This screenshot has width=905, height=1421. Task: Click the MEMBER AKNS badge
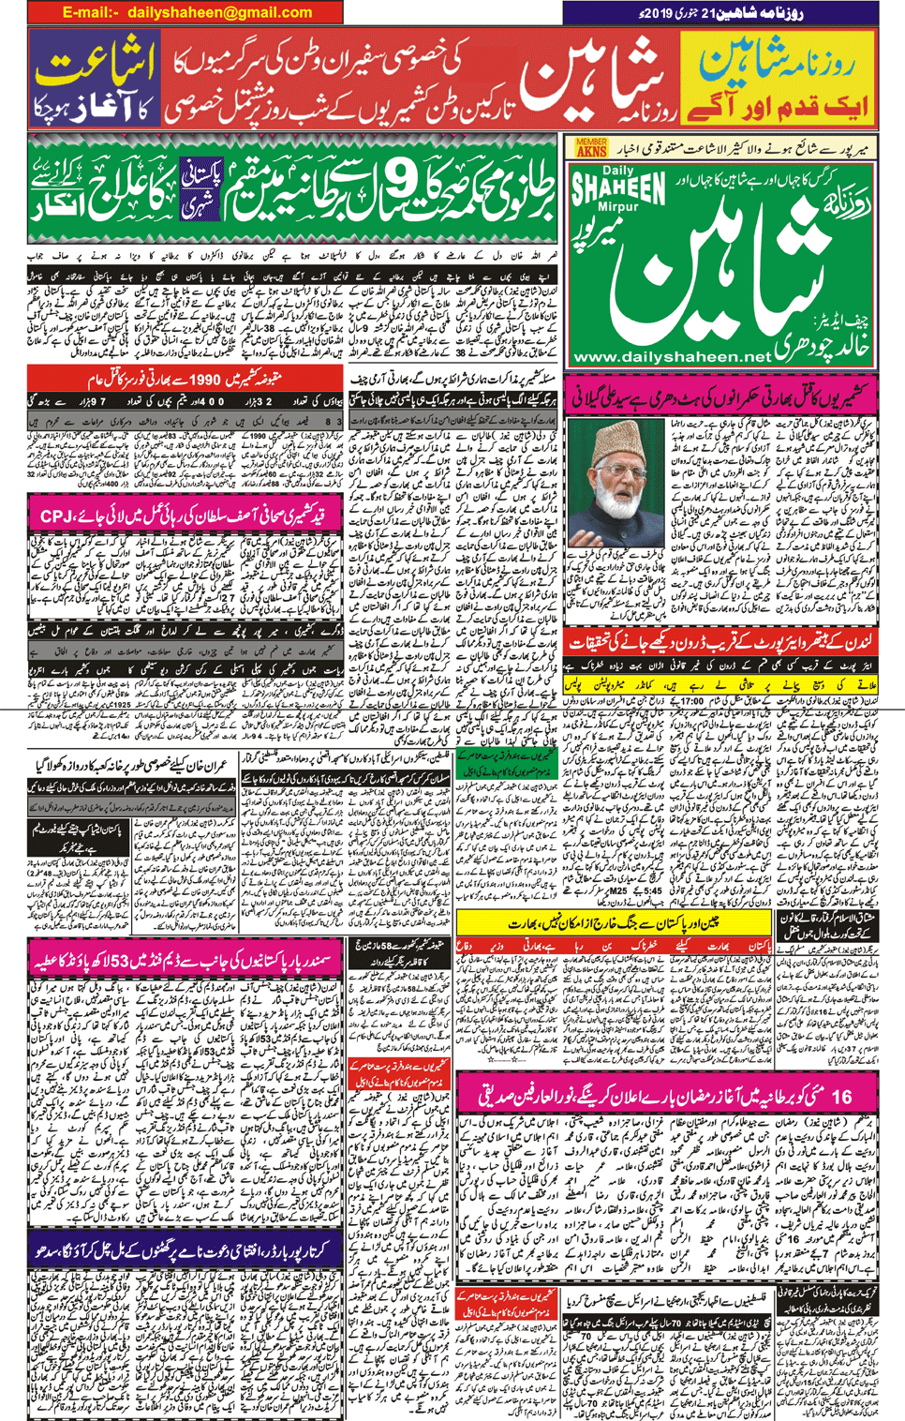click(x=591, y=147)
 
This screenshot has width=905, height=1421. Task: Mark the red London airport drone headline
click(x=721, y=642)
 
